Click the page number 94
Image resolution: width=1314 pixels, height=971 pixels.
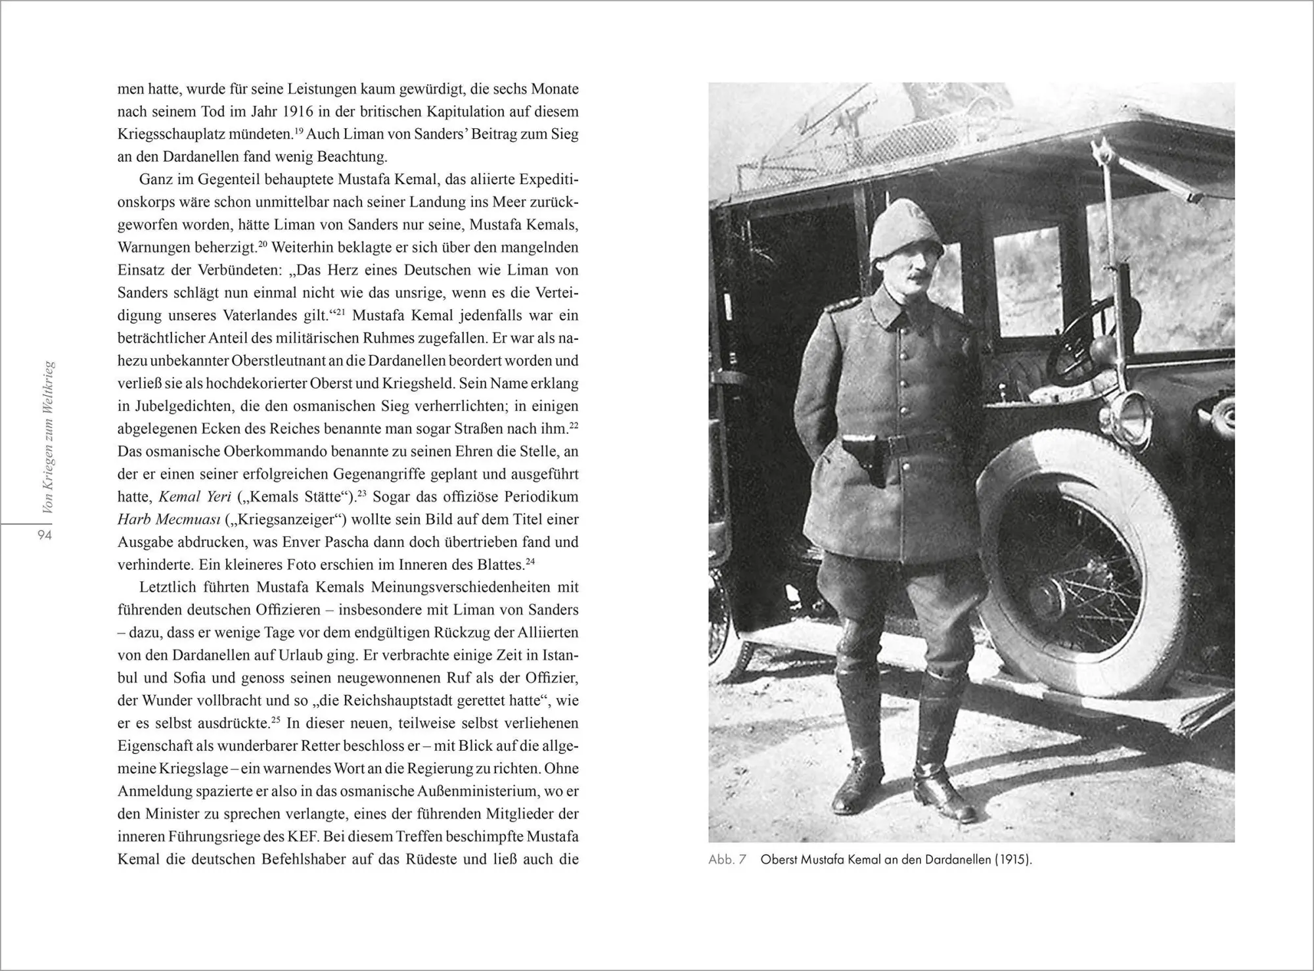coord(45,535)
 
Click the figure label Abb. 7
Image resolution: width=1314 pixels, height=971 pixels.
coord(727,860)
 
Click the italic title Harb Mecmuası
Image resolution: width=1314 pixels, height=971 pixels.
coord(168,519)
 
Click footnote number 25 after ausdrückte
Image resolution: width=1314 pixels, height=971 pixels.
coord(275,720)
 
